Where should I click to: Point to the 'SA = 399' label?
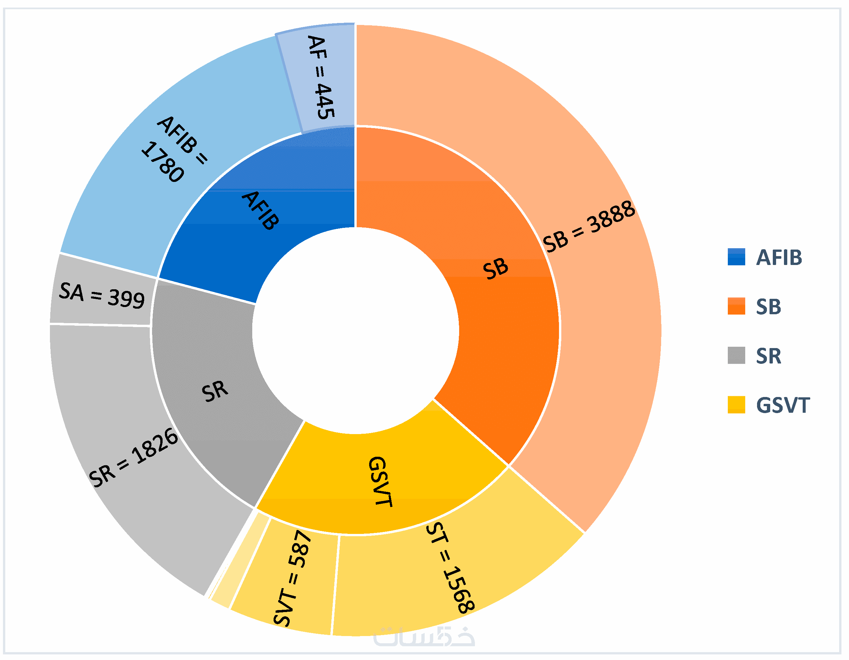(x=102, y=296)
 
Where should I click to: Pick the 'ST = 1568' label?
(x=450, y=567)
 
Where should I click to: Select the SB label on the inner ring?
(x=495, y=269)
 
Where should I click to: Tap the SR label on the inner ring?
(x=214, y=391)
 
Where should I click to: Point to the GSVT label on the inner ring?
(x=380, y=482)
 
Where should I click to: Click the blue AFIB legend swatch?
(x=736, y=257)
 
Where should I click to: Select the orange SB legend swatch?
(x=736, y=306)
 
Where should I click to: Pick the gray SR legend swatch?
(x=736, y=355)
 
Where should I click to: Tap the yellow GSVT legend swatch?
(x=736, y=405)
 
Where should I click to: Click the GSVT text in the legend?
(x=783, y=406)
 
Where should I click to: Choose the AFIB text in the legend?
(x=779, y=258)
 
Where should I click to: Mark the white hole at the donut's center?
(x=355, y=330)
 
